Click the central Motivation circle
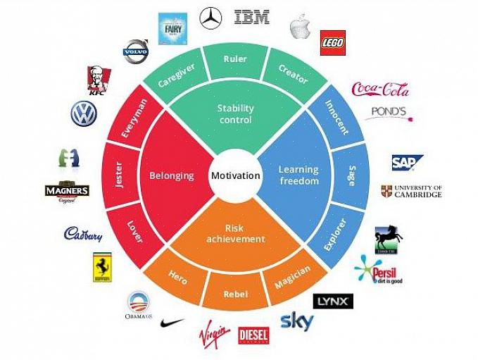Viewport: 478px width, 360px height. pos(235,175)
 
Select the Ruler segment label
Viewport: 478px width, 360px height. pos(234,59)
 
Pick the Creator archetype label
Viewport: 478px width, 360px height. pos(293,75)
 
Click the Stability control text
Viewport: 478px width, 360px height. pos(235,114)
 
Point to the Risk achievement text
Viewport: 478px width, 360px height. pos(235,234)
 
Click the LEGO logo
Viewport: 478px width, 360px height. pos(332,42)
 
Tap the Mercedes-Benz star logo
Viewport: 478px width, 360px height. pos(210,18)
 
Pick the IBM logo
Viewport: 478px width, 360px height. pos(252,17)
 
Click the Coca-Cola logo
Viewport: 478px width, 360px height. pos(380,89)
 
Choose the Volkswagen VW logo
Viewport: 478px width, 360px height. pos(83,113)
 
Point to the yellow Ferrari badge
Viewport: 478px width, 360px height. pos(103,268)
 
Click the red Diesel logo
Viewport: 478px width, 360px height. pos(253,335)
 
